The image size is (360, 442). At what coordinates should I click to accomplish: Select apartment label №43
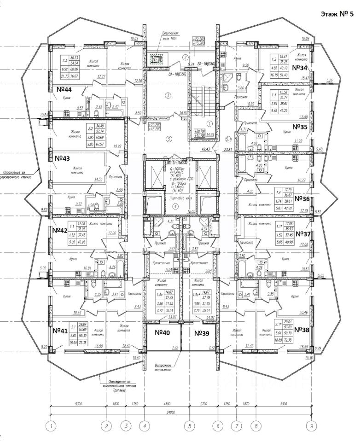click(61, 158)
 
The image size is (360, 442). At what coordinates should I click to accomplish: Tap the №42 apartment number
click(60, 230)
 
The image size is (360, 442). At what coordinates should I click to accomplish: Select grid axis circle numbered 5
click(189, 426)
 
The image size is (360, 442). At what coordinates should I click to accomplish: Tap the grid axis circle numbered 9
click(312, 426)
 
